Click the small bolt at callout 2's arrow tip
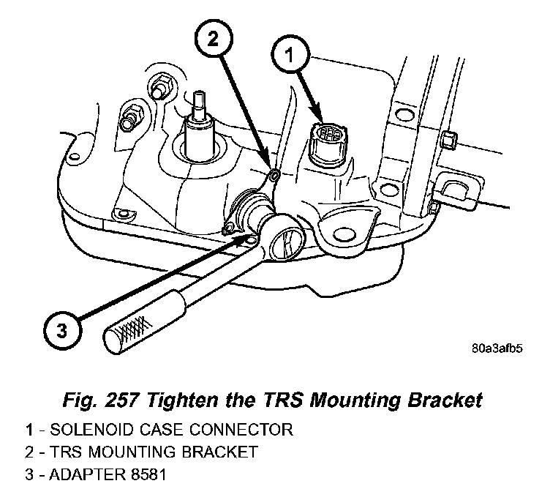click(273, 175)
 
